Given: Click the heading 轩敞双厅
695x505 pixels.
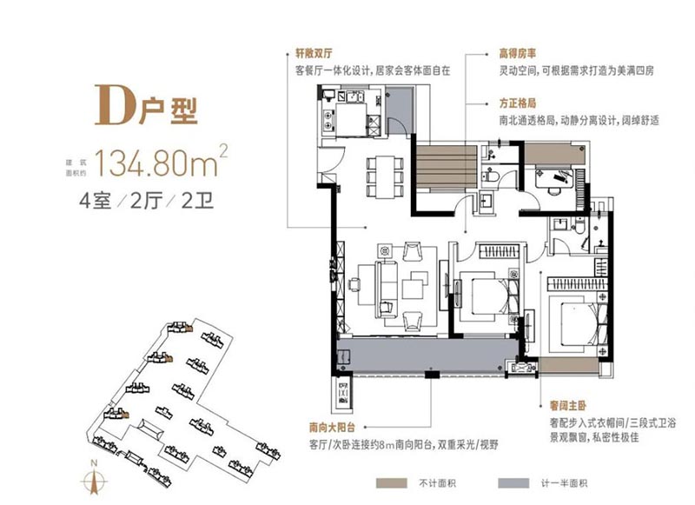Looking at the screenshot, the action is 314,54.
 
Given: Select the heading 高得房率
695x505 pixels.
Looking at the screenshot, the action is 517,54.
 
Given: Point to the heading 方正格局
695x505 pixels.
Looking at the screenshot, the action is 517,103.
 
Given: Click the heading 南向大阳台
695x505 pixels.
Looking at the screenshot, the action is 332,428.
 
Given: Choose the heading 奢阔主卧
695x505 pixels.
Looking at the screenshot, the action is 568,405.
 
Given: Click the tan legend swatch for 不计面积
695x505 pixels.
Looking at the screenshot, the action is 392,483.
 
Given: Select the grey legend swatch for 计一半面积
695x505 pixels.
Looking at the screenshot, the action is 513,483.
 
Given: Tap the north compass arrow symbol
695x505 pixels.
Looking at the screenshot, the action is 94,481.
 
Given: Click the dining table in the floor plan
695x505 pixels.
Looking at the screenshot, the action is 385,176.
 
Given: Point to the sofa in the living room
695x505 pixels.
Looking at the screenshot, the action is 386,289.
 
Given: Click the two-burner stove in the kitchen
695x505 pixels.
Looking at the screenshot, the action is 328,120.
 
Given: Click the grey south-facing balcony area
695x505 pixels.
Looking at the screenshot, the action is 426,355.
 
